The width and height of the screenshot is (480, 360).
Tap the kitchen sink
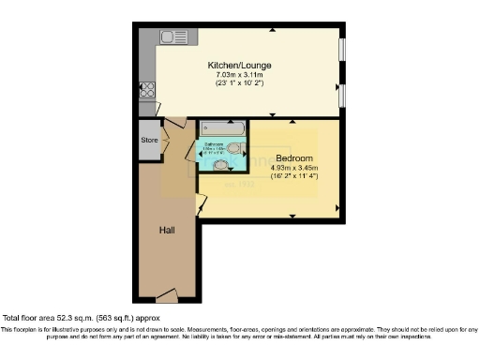click(173, 37)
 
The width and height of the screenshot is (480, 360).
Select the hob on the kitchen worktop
click(147, 92)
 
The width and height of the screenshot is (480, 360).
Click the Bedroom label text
click(293, 157)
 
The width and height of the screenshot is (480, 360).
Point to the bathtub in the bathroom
click(222, 127)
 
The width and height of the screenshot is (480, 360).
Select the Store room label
click(148, 142)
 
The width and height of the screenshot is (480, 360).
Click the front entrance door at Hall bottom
click(166, 296)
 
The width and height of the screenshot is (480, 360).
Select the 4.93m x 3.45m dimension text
click(293, 167)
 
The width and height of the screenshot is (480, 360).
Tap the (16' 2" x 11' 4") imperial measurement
click(293, 176)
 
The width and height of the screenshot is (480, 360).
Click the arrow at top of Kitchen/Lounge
click(272, 30)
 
